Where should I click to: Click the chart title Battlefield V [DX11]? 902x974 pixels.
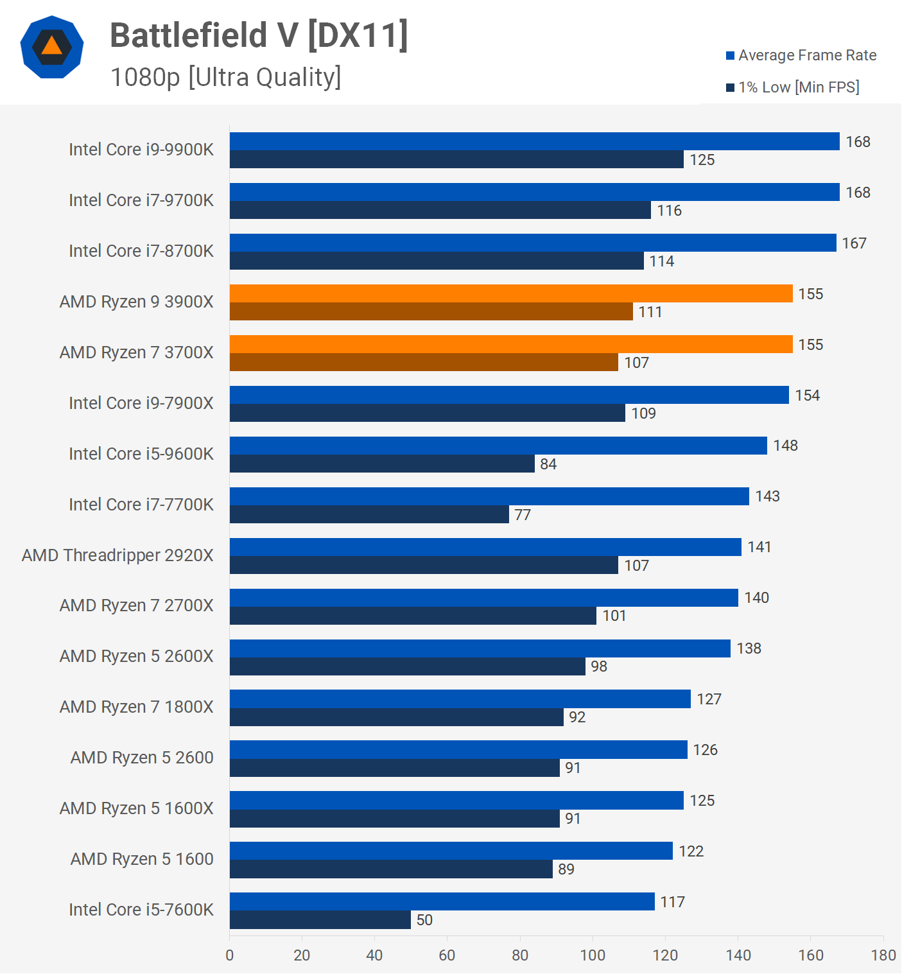point(259,35)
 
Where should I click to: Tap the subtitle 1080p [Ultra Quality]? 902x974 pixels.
point(225,77)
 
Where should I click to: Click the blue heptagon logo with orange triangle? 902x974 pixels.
point(52,47)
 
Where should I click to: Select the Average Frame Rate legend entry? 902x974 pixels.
point(801,55)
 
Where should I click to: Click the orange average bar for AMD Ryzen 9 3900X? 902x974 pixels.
point(511,293)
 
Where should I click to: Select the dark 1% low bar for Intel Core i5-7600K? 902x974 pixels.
point(320,919)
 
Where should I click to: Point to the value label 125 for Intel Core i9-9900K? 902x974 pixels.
point(702,160)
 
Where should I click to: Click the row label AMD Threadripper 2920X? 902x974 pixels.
point(117,555)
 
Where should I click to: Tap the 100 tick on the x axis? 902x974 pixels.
point(593,955)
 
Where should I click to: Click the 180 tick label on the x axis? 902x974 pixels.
point(883,955)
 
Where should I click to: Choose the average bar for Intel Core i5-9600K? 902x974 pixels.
point(498,446)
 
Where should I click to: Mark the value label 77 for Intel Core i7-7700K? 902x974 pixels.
point(523,515)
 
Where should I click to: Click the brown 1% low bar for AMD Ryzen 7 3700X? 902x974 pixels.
point(424,362)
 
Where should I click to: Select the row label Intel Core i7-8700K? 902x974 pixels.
point(141,250)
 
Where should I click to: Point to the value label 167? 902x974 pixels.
point(854,243)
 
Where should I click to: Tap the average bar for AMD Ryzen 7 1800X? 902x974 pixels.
point(460,699)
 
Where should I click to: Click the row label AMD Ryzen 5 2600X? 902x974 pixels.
point(136,656)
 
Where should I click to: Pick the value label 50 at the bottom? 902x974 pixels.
point(424,920)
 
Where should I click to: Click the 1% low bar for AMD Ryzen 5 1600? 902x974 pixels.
point(391,869)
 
